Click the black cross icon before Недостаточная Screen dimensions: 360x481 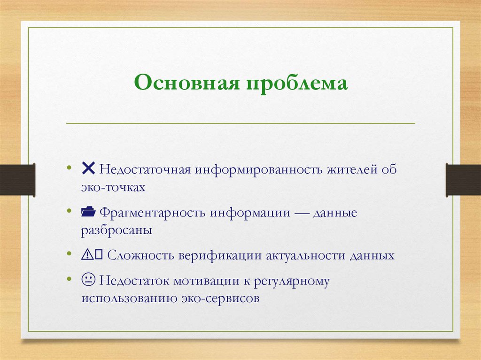point(88,168)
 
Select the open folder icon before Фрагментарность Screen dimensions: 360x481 point(88,212)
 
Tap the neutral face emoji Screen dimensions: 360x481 point(88,281)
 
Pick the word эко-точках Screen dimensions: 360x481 point(113,187)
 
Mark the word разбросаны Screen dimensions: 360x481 point(116,231)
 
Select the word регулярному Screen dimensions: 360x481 point(292,282)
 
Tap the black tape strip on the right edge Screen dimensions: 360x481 point(463,179)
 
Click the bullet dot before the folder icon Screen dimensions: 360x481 point(70,212)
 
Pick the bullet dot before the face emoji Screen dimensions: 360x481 point(70,281)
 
